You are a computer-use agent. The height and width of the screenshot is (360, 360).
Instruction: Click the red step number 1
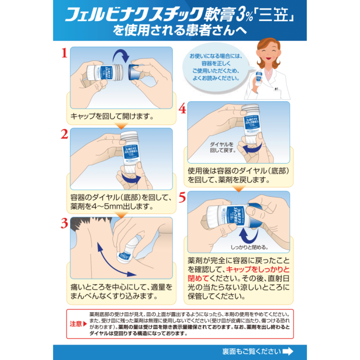point(64,53)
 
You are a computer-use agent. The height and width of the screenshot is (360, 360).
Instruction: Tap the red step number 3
point(64,224)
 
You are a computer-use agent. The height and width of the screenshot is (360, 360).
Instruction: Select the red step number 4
point(182,109)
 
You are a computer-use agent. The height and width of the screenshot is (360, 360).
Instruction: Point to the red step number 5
point(182,198)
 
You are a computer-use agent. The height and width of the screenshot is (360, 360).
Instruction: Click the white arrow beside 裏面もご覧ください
point(288,351)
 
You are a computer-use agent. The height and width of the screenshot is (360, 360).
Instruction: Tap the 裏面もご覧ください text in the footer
point(251,351)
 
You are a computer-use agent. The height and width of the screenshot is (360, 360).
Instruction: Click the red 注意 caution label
point(76,324)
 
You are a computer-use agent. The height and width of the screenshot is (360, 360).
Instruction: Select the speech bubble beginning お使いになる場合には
point(214,67)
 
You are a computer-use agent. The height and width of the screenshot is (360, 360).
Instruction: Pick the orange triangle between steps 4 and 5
point(239,189)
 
